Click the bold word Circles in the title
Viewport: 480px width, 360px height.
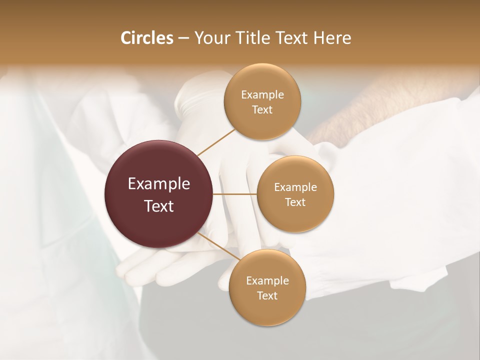point(147,38)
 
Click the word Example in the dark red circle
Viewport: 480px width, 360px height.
point(159,184)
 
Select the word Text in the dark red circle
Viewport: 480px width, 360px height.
point(159,206)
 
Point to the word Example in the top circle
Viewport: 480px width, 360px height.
point(262,95)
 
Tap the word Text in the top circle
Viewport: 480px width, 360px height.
point(262,110)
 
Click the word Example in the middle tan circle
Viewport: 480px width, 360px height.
point(295,187)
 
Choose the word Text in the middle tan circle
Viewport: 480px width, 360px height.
point(295,202)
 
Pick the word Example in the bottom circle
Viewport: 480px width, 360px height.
point(267,281)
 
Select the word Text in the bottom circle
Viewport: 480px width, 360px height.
point(267,296)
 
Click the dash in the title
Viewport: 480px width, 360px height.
point(183,38)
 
